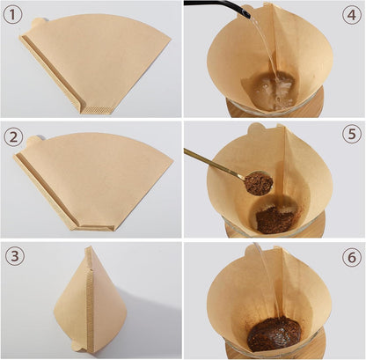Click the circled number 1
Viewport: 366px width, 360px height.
coord(15,16)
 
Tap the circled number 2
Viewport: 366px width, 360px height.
coord(15,136)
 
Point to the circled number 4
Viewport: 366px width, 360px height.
coord(350,16)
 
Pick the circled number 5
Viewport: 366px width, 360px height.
coord(350,136)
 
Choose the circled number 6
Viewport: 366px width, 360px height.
coord(350,258)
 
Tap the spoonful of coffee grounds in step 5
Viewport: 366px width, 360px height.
coord(259,183)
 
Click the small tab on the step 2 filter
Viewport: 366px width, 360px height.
coord(34,140)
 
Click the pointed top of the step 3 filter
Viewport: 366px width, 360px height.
coord(89,250)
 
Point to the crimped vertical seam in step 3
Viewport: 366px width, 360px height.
coord(89,304)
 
